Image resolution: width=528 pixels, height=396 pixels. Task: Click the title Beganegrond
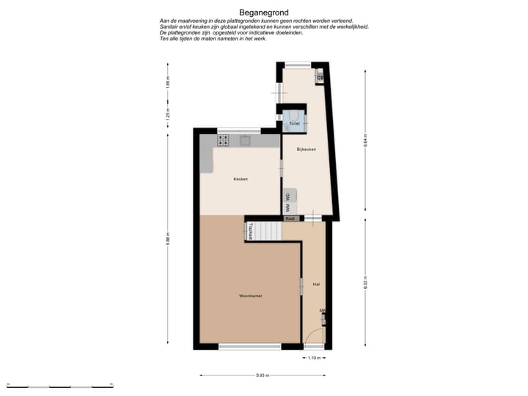263,12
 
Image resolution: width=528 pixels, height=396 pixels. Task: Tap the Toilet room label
294,124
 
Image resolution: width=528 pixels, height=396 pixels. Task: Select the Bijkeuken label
306,150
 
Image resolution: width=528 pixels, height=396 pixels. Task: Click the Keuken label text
241,179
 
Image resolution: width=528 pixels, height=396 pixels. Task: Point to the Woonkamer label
250,296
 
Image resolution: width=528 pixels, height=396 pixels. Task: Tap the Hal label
316,284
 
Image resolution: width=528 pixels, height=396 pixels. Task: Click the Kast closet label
290,219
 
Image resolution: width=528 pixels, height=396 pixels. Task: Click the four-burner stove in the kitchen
223,140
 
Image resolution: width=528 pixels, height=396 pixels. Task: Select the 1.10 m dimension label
314,358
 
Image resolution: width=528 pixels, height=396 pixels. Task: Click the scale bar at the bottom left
59,384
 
